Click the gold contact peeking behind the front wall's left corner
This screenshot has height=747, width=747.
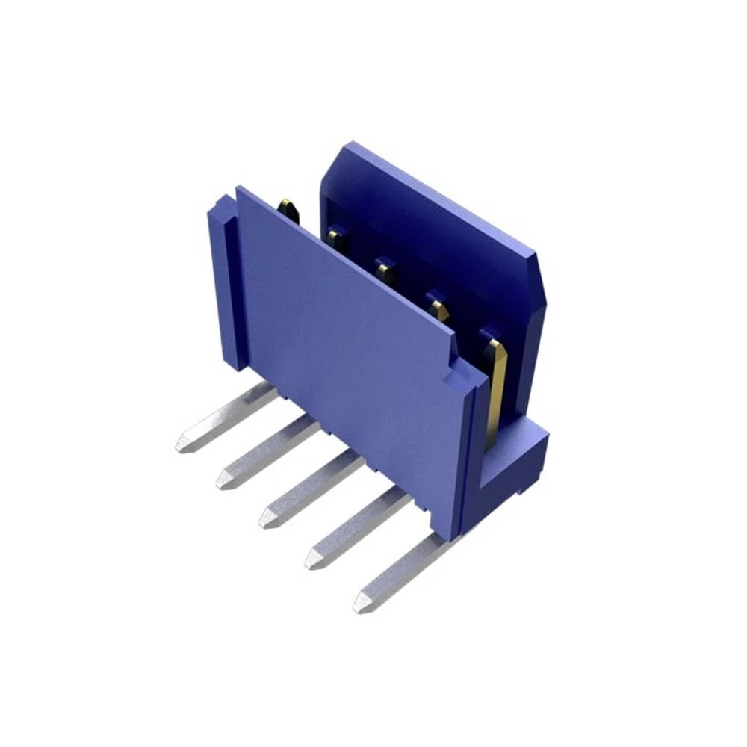288,209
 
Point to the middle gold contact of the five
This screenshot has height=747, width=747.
386,271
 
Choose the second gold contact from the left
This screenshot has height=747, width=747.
335,239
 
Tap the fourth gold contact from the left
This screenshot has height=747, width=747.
439,306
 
